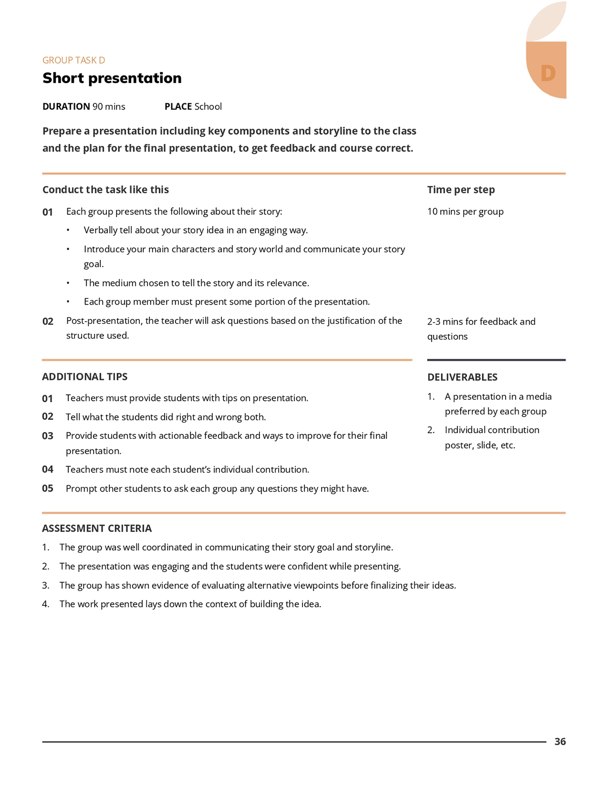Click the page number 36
point(560,741)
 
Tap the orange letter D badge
point(548,73)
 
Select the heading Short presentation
point(112,78)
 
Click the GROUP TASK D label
point(74,60)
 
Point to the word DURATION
point(66,106)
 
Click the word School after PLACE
point(208,106)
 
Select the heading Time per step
point(461,190)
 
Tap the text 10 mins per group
point(465,211)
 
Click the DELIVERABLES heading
point(462,377)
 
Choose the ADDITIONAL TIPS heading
point(85,377)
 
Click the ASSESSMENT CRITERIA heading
point(97,528)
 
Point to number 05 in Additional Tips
point(48,489)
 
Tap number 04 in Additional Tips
point(48,469)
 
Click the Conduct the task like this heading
point(105,190)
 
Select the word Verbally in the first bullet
point(100,230)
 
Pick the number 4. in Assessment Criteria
point(46,604)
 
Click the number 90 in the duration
point(98,106)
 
